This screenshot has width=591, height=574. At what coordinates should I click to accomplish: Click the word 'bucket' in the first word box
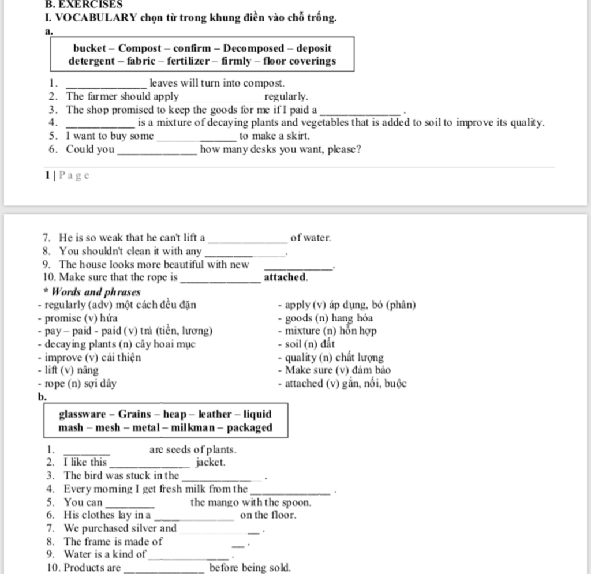89,48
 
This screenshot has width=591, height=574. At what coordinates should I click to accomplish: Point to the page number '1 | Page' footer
68,175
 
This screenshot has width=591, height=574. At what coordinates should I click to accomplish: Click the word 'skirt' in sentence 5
296,136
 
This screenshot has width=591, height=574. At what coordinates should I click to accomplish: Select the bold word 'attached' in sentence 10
285,277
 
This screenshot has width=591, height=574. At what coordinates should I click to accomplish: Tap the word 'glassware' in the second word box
82,414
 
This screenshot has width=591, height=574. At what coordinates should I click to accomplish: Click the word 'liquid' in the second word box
257,414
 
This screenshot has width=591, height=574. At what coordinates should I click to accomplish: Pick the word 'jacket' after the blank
211,462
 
